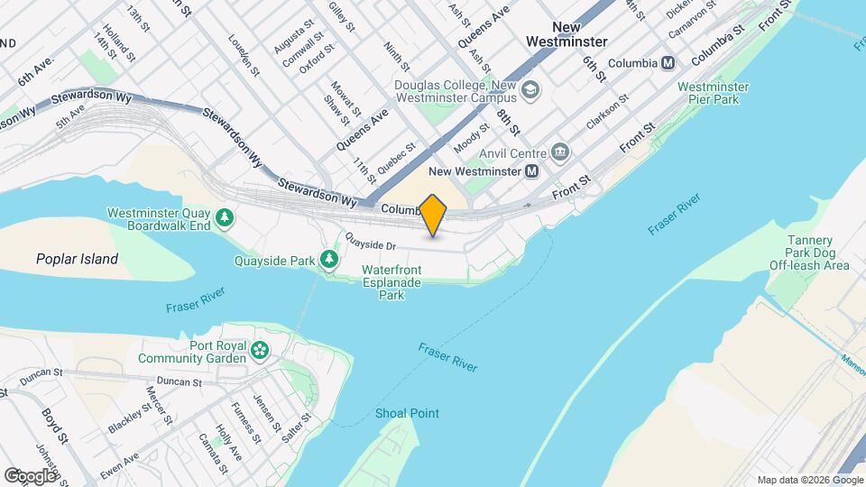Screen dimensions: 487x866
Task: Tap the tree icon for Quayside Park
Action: pyautogui.click(x=329, y=261)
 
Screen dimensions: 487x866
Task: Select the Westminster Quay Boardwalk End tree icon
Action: pyautogui.click(x=224, y=218)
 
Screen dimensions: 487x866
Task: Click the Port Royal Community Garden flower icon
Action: pyautogui.click(x=261, y=350)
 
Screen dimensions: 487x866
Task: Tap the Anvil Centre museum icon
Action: pyautogui.click(x=561, y=151)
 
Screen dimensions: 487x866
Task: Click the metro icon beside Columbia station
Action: pyautogui.click(x=668, y=63)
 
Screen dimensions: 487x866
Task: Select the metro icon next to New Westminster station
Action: pyautogui.click(x=532, y=170)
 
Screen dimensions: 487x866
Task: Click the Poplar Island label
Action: pyautogui.click(x=77, y=259)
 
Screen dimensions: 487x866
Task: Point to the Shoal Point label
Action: pyautogui.click(x=407, y=413)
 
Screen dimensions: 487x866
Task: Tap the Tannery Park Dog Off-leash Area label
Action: pyautogui.click(x=809, y=253)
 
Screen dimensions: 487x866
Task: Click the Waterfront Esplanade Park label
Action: pyautogui.click(x=391, y=282)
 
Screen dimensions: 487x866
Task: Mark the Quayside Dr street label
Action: pyautogui.click(x=372, y=244)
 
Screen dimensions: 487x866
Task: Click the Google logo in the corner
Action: pyautogui.click(x=31, y=474)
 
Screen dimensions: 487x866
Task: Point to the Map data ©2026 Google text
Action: pyautogui.click(x=797, y=480)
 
